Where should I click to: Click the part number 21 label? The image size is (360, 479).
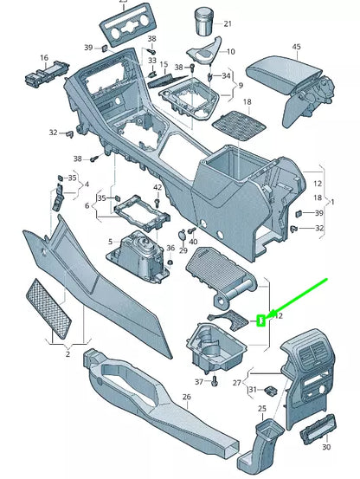click(x=228, y=23)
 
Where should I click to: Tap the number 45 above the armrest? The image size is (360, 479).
click(x=296, y=47)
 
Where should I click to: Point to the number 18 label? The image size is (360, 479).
click(x=247, y=102)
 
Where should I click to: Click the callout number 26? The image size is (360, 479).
click(x=185, y=398)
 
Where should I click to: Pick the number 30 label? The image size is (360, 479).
click(x=326, y=449)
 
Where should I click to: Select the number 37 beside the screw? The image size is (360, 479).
click(x=199, y=382)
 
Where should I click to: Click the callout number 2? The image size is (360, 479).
click(x=67, y=354)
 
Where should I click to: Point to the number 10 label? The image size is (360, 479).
click(x=230, y=52)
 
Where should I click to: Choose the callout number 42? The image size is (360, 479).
click(x=157, y=188)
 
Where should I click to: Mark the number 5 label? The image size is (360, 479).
click(x=110, y=242)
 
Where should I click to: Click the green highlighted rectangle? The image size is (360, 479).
click(x=260, y=319)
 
